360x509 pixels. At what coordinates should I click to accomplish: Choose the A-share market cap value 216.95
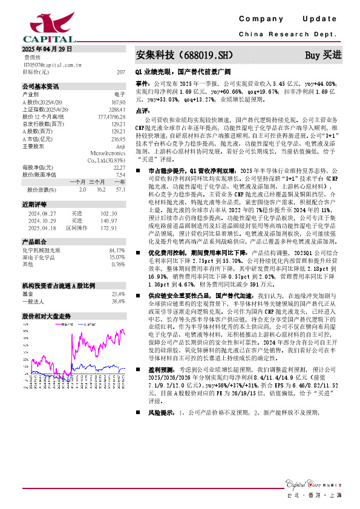pos(117,138)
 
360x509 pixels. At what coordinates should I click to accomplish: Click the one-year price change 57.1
pos(120,190)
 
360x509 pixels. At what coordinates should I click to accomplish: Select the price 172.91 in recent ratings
pos(108,229)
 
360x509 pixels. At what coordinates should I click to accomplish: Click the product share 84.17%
pos(116,250)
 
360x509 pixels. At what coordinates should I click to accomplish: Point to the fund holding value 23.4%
pos(118,294)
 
